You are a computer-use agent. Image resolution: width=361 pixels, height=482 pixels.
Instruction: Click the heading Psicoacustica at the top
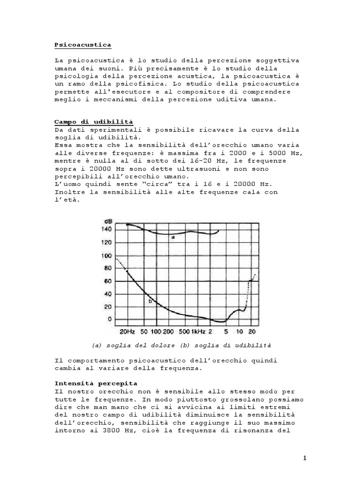(83, 45)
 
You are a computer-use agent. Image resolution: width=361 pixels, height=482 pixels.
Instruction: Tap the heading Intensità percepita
(96, 383)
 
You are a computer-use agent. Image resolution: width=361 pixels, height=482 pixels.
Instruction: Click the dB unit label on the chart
(108, 221)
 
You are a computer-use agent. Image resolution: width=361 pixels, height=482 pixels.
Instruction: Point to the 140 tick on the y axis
(107, 229)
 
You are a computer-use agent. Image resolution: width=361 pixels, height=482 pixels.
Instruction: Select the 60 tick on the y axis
(109, 281)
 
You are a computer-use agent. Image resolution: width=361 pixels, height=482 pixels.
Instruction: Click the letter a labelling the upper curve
(173, 238)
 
